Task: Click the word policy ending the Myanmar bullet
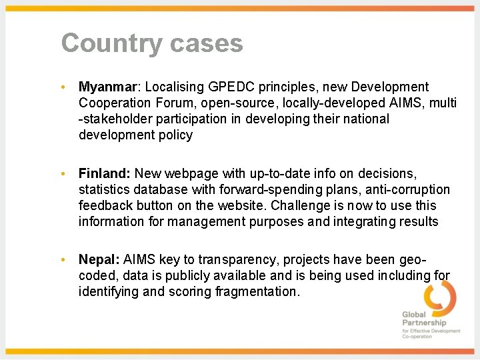(175, 135)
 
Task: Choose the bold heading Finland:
(104, 173)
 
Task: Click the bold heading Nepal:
(99, 259)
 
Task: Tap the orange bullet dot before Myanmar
(62, 87)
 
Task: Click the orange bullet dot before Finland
(62, 174)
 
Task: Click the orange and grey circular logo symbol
(440, 297)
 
